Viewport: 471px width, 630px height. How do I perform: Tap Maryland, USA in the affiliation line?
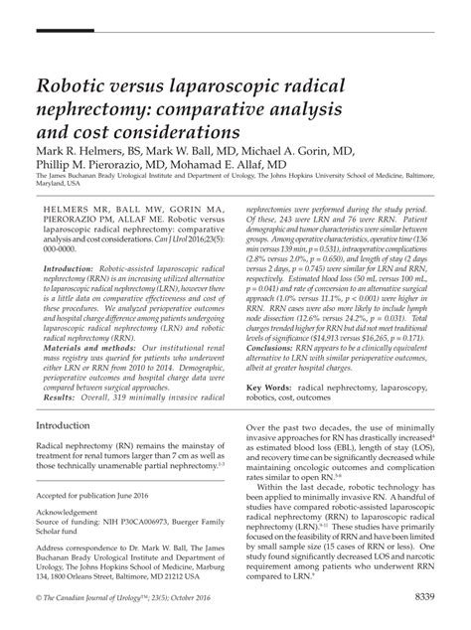pos(62,183)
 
